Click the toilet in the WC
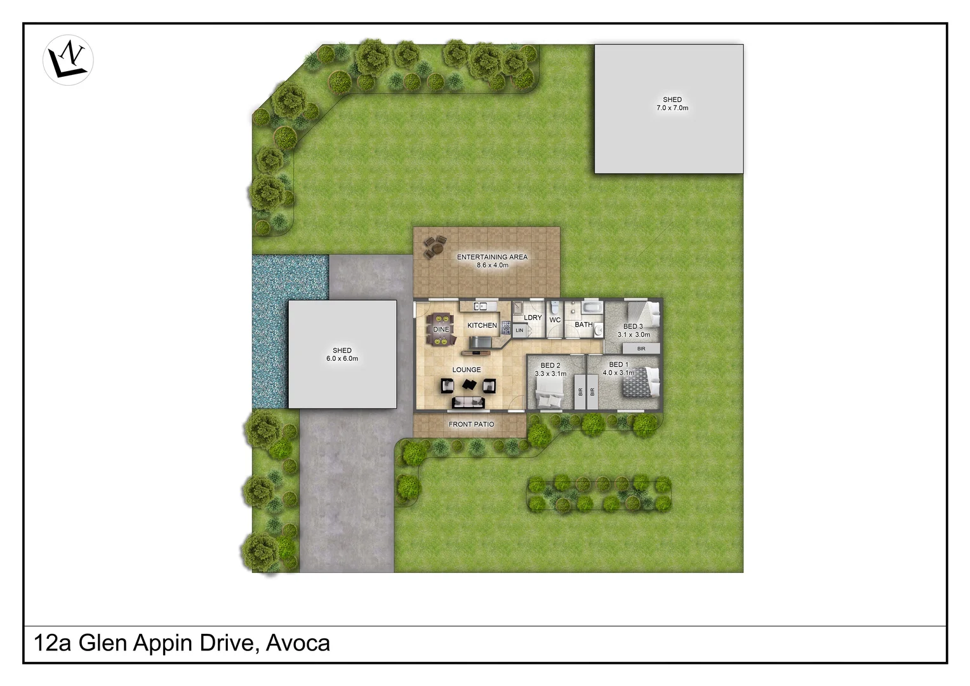click(x=555, y=307)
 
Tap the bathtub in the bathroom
click(x=592, y=309)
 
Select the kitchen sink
click(x=481, y=307)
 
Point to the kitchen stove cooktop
click(x=507, y=328)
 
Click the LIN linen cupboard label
click(x=519, y=330)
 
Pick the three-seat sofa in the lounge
click(x=468, y=402)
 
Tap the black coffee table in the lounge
click(x=469, y=384)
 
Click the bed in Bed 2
click(x=549, y=399)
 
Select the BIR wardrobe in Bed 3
click(x=641, y=349)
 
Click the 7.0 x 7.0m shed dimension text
click(x=672, y=108)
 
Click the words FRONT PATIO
click(x=471, y=424)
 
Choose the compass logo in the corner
click(x=68, y=60)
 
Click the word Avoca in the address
click(x=298, y=643)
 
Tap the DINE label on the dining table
click(x=441, y=330)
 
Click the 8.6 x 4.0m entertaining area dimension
click(x=493, y=266)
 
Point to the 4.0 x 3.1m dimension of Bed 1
click(x=618, y=373)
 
